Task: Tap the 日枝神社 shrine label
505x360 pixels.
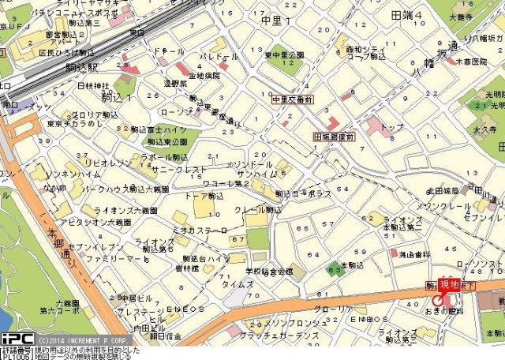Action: click(x=94, y=85)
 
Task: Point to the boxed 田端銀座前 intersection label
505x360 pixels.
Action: click(x=335, y=136)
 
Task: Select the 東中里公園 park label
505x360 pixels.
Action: click(x=285, y=55)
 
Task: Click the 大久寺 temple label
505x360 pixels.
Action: click(x=484, y=128)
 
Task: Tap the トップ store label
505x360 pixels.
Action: click(x=392, y=126)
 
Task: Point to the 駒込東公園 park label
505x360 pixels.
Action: click(x=167, y=141)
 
